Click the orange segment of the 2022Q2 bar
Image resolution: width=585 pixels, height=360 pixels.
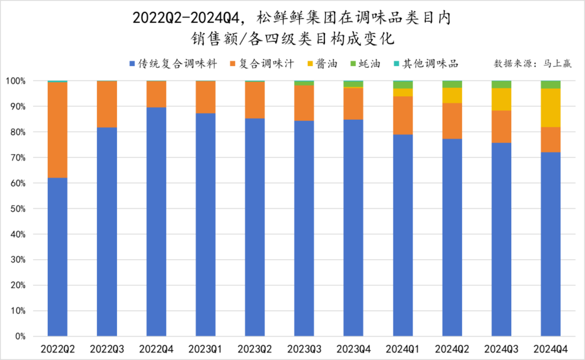pos(57,130)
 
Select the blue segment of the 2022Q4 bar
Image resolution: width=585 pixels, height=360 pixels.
pos(156,221)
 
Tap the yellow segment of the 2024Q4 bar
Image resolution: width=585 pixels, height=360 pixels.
pos(550,108)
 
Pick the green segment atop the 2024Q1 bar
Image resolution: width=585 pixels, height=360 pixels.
pos(403,85)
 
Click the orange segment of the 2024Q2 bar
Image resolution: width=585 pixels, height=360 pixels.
pos(452,121)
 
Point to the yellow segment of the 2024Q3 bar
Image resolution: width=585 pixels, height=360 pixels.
pos(501,99)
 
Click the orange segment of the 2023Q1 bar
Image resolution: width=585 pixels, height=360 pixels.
pos(205,97)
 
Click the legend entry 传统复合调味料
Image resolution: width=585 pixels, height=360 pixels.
pos(174,64)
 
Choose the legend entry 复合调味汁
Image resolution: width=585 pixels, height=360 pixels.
pos(262,64)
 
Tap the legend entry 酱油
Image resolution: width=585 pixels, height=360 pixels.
pos(322,64)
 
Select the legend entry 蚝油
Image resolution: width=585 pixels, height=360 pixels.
pos(365,64)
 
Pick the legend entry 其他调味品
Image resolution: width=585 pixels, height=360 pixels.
pos(426,64)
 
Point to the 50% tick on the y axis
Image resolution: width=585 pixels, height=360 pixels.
pos(18,209)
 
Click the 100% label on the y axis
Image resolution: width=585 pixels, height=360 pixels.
pos(16,81)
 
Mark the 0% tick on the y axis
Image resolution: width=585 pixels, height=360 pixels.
pos(20,336)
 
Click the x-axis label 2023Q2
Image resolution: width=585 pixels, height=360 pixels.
pos(254,349)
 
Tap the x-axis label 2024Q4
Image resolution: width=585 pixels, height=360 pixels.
pos(550,349)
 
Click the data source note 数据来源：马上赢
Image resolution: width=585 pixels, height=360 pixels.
pos(533,63)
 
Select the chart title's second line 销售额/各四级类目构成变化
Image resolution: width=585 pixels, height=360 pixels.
pos(292,39)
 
